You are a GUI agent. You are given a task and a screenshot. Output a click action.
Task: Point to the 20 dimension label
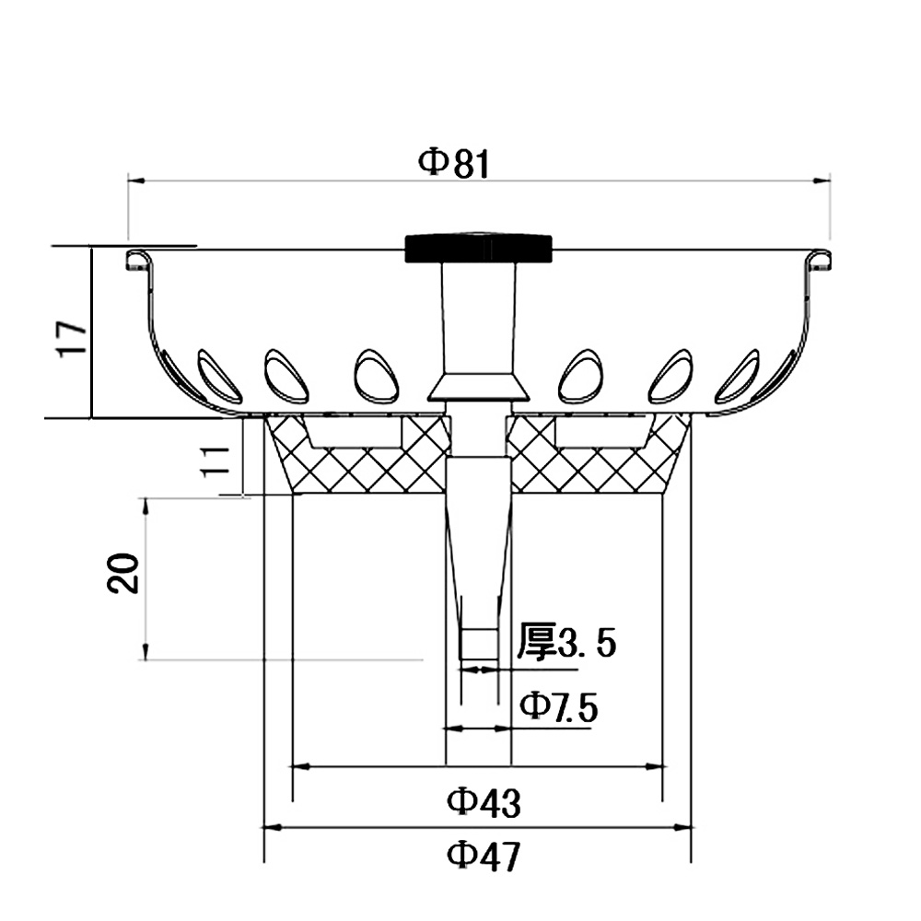tap(123, 573)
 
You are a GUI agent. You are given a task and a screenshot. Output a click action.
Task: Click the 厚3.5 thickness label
tap(565, 643)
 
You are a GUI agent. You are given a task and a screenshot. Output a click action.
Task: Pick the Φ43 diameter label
tap(484, 802)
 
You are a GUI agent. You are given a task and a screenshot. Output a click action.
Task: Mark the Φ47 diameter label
tap(484, 857)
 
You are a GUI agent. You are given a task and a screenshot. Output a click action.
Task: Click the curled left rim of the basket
tap(139, 259)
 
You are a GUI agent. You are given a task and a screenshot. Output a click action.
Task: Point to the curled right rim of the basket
tap(820, 259)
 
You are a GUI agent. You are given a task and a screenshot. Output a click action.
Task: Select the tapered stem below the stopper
tap(478, 553)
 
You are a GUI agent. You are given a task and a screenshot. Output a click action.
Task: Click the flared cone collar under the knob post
tap(478, 387)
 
